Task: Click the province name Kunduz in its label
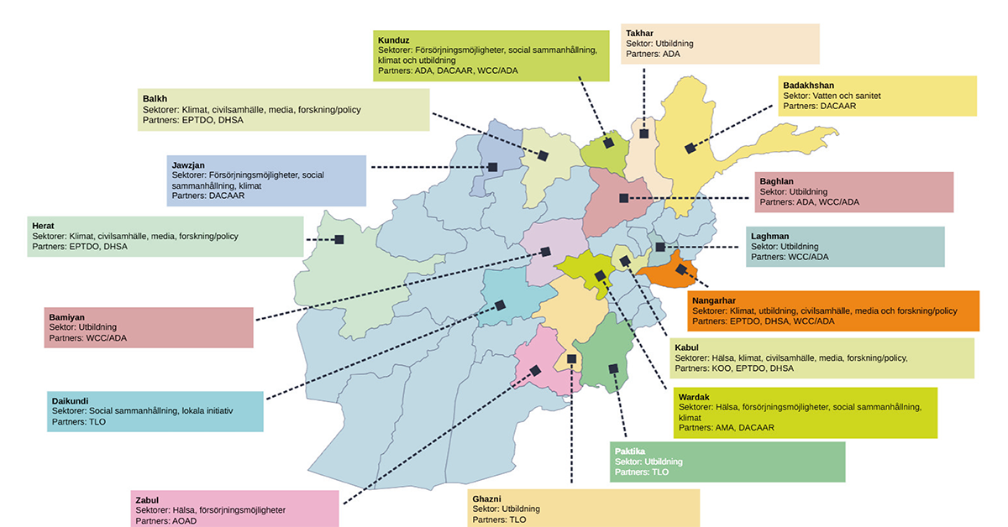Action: (393, 40)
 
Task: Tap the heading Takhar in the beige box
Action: (639, 34)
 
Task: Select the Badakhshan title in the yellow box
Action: (808, 86)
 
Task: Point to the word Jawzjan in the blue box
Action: (188, 165)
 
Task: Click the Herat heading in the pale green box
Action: (43, 226)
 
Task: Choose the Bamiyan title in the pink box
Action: (66, 317)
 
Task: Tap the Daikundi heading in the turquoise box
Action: (70, 400)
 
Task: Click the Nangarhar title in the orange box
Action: (714, 300)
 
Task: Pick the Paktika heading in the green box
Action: (629, 451)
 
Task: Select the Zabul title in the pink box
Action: (147, 500)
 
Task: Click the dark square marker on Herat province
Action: (339, 240)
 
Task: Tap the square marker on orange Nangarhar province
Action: (681, 270)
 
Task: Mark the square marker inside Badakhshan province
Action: (690, 148)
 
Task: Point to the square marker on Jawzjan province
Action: (493, 167)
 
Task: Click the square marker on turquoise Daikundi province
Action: (500, 305)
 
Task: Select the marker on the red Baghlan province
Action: (623, 198)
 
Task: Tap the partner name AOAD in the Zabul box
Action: (185, 521)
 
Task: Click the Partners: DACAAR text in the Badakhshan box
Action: (820, 106)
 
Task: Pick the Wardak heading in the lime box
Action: (694, 397)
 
